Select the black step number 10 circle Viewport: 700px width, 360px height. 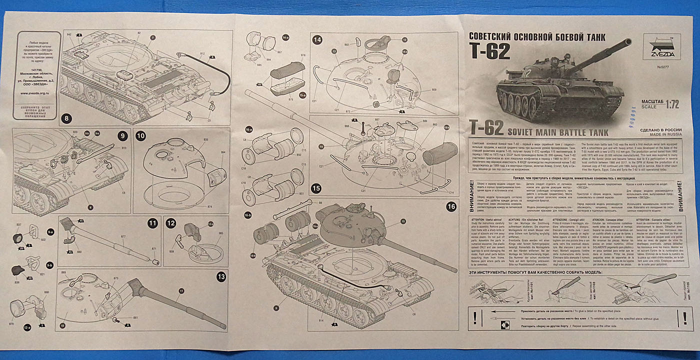[x=140, y=135]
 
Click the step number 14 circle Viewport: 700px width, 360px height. [x=317, y=39]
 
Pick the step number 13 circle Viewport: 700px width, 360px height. [x=220, y=276]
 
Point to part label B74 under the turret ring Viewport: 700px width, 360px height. [x=209, y=206]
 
